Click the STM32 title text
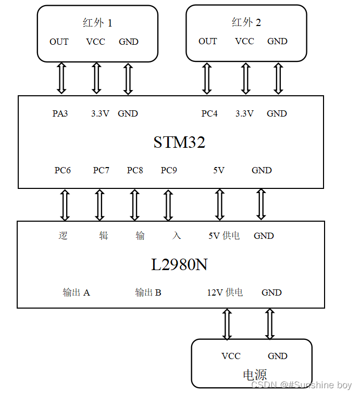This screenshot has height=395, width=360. [179, 142]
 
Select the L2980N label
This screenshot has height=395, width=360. [179, 264]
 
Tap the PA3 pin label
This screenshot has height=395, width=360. [60, 113]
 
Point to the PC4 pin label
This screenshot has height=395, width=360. [209, 113]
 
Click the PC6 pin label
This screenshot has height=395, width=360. [63, 170]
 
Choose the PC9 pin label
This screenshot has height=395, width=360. [169, 170]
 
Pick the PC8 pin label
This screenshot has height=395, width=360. [135, 170]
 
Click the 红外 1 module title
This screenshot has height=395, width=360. [97, 23]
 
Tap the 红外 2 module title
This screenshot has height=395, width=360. [246, 22]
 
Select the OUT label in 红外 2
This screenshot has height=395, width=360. [208, 41]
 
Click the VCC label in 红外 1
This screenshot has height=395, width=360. [96, 42]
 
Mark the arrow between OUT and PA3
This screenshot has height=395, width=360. [61, 79]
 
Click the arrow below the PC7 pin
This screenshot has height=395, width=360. [100, 205]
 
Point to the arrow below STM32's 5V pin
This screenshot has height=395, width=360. [219, 205]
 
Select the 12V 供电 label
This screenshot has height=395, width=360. [225, 292]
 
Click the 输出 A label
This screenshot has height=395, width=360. [76, 292]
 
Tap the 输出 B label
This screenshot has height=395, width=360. [148, 292]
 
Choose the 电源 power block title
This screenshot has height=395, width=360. [255, 375]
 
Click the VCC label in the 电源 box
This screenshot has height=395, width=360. [231, 356]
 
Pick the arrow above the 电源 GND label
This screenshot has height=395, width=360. [270, 324]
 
